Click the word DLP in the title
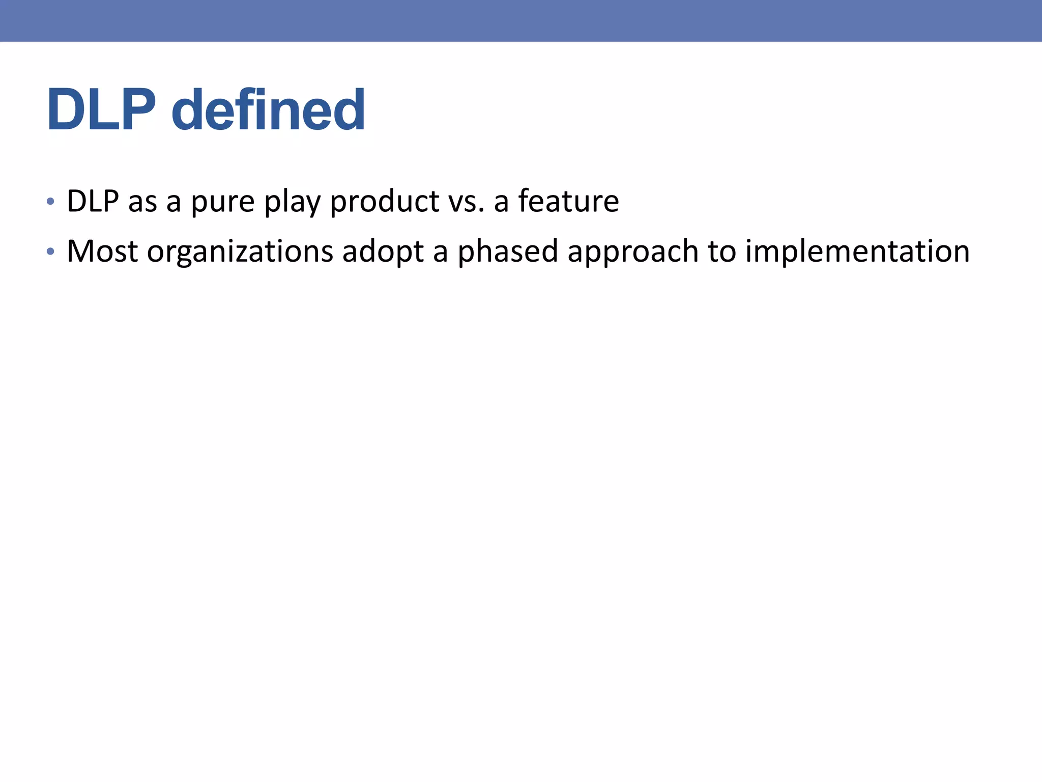(x=101, y=110)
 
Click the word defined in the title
(x=268, y=110)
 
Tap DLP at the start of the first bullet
(x=93, y=201)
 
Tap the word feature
(x=568, y=201)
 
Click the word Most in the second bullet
(x=102, y=252)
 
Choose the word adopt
(x=383, y=252)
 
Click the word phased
(x=508, y=252)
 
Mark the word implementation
(x=857, y=252)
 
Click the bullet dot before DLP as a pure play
(x=50, y=202)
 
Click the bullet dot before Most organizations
(x=50, y=252)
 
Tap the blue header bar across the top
(x=521, y=20)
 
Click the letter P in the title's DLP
(x=136, y=110)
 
